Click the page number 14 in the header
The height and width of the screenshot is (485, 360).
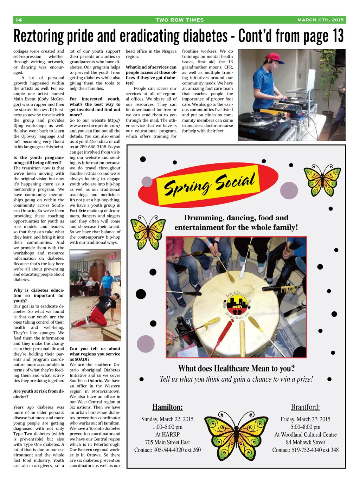(x=19, y=20)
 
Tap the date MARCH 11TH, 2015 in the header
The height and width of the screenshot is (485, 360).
(x=320, y=20)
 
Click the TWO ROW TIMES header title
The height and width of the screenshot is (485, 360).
(x=180, y=20)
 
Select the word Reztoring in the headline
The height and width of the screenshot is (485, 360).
(x=39, y=36)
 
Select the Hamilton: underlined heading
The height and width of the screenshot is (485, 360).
(x=167, y=407)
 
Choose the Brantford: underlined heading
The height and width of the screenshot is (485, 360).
(x=305, y=407)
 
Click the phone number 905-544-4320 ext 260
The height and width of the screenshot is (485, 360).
(x=177, y=450)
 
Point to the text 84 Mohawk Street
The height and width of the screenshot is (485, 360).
(x=305, y=442)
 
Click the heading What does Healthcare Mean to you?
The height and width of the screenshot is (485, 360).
(x=236, y=368)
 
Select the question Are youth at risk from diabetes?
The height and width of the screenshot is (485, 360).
(x=39, y=394)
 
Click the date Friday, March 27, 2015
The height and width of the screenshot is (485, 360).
(x=305, y=419)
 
